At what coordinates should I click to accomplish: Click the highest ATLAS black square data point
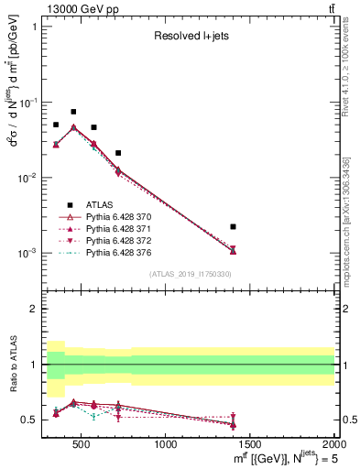click(73, 112)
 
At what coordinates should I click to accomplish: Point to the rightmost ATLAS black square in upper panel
click(234, 226)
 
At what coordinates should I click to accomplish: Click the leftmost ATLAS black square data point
click(56, 125)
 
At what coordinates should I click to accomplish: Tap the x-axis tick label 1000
click(166, 444)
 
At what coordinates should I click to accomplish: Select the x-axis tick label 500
click(81, 444)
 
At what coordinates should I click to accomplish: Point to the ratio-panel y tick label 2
click(34, 309)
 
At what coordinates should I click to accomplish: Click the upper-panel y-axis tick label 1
click(34, 27)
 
